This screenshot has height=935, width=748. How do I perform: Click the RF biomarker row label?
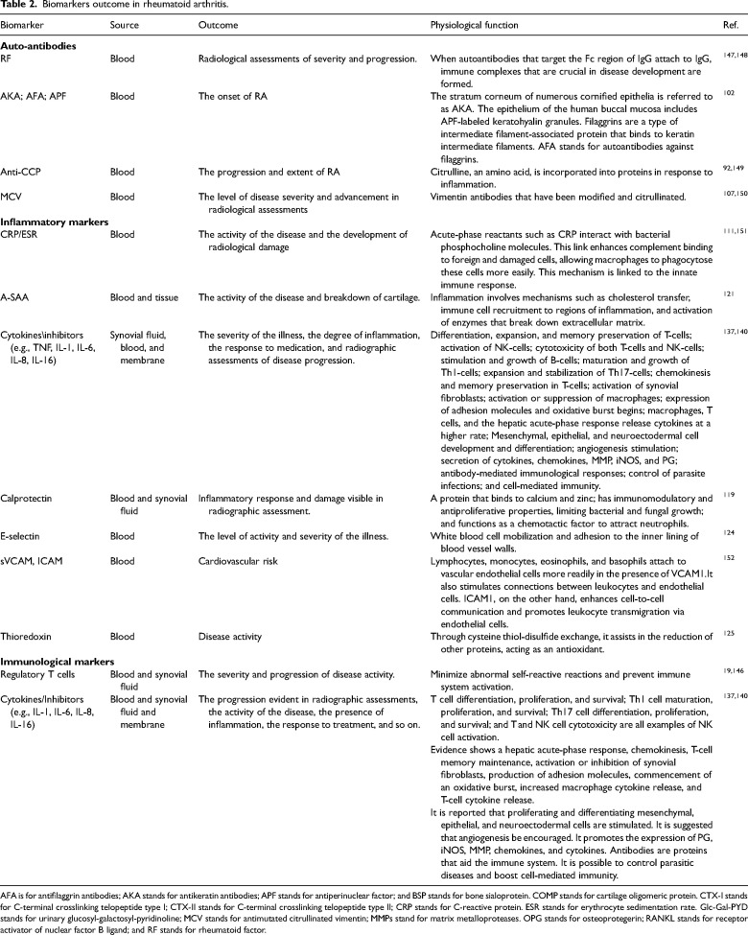(x=9, y=58)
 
